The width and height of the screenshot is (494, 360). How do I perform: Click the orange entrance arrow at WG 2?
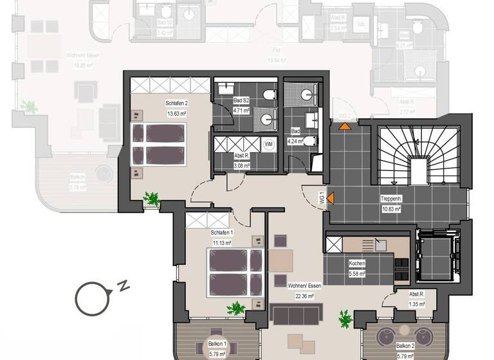[x=345, y=125]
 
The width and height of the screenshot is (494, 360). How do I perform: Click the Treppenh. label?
[x=391, y=199]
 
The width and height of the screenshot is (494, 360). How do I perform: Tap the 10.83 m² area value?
[x=391, y=210]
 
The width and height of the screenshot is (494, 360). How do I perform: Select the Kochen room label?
[x=357, y=264]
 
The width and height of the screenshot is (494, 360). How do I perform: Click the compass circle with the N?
[x=91, y=297]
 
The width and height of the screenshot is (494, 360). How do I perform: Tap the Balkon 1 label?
[x=217, y=345]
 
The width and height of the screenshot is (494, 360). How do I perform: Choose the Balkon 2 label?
[x=405, y=345]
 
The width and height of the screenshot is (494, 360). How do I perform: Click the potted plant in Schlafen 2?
[x=152, y=198]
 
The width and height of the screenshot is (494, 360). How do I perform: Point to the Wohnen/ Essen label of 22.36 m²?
[x=305, y=286]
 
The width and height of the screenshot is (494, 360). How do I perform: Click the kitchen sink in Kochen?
[x=380, y=244]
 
